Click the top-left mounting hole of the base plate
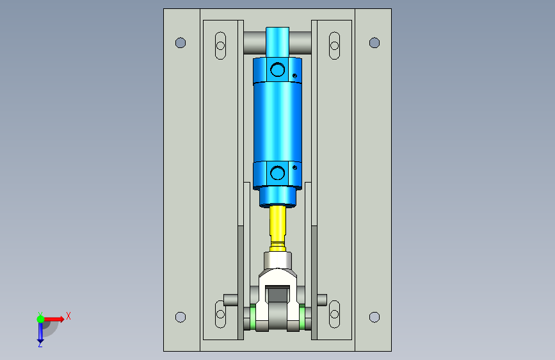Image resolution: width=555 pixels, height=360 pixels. click(x=181, y=43)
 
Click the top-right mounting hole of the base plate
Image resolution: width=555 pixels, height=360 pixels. click(x=374, y=43)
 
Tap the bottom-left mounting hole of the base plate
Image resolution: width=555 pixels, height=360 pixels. click(x=181, y=317)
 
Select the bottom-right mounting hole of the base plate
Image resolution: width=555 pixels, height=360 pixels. click(x=374, y=317)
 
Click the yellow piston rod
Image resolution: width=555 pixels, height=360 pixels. click(x=278, y=227)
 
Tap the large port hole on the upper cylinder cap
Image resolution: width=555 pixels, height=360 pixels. click(x=278, y=70)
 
